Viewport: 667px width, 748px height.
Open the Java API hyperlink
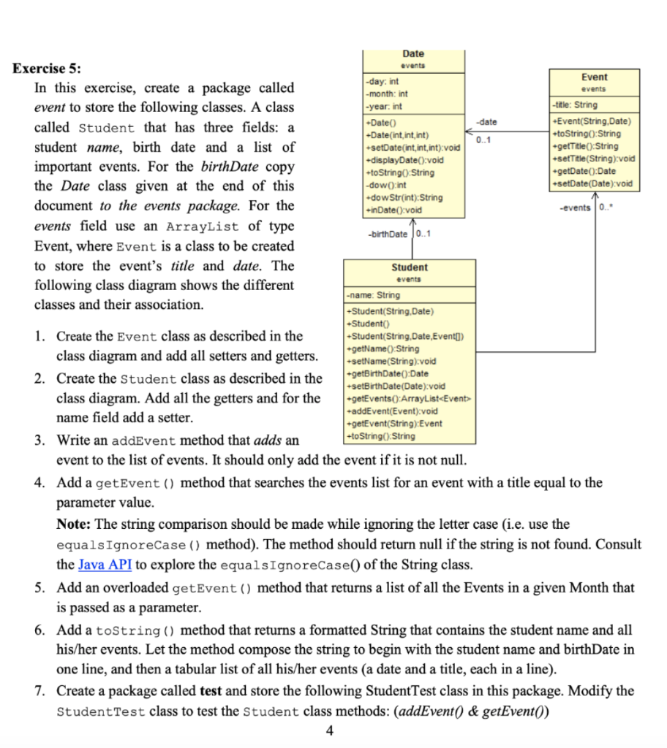coord(104,565)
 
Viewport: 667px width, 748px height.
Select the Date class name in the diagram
coord(413,53)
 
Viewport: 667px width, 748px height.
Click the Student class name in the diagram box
coord(410,267)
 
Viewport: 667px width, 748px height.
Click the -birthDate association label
coord(387,234)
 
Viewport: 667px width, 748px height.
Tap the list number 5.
coord(41,587)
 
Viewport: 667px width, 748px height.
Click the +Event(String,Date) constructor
coord(591,121)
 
